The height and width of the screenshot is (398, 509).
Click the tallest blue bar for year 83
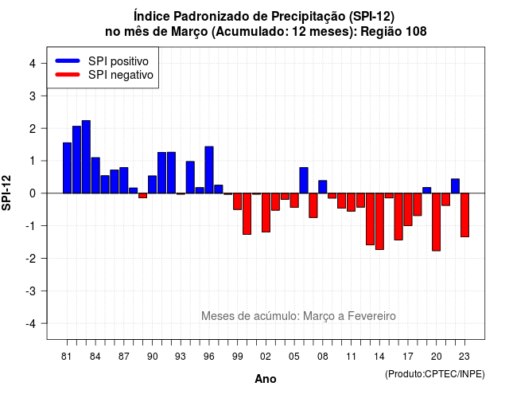pos(86,157)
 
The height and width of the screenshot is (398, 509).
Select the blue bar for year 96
pos(209,170)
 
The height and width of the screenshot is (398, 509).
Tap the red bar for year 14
pos(379,221)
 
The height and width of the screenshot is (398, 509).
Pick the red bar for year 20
pos(437,222)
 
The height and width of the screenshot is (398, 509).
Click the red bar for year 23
pos(464,215)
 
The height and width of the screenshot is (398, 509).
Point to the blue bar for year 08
pos(323,187)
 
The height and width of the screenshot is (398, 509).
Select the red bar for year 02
pos(266,213)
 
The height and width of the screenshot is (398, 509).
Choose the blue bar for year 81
pos(67,168)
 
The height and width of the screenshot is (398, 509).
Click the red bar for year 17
pos(408,209)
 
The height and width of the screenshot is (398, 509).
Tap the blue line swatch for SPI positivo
pos(68,60)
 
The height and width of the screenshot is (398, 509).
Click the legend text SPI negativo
pos(121,75)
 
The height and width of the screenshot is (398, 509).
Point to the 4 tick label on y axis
pos(33,64)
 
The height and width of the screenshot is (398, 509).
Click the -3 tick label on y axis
pos(32,291)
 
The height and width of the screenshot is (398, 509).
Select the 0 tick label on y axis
pos(33,193)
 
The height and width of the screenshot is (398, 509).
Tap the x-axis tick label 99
pos(237,357)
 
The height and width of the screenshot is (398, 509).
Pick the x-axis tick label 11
pos(352,357)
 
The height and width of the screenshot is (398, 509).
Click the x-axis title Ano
pos(266,379)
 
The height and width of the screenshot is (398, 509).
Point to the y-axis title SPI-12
pos(6,193)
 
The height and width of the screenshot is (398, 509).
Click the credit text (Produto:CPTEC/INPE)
pos(435,374)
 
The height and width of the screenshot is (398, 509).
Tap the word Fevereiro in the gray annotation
pos(371,316)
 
